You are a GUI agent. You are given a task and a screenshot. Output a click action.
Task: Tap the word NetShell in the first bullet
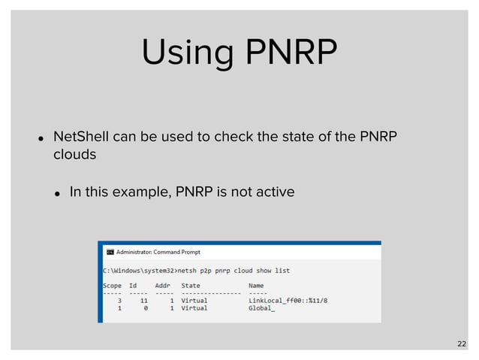pos(79,137)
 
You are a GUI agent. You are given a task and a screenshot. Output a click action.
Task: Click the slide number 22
pos(461,343)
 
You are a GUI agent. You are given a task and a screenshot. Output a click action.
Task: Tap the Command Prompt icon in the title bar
pos(108,253)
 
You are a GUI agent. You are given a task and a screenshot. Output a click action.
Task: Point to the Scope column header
pos(112,286)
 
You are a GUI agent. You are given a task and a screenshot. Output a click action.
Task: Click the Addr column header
pos(163,286)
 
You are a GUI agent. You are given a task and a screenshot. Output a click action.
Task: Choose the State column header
pos(191,286)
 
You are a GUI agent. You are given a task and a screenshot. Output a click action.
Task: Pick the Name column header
pos(256,286)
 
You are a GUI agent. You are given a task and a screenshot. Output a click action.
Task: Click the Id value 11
pos(143,301)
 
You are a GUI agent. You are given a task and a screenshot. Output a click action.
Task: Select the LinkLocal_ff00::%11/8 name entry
pos(288,301)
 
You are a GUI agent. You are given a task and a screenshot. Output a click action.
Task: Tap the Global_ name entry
pos(262,308)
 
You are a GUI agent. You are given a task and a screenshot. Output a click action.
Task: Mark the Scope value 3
pos(120,301)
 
